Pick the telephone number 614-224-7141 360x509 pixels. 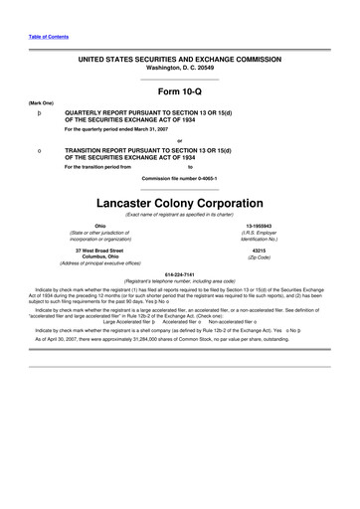[x=180, y=273]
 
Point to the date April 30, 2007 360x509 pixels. [x=63, y=338]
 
